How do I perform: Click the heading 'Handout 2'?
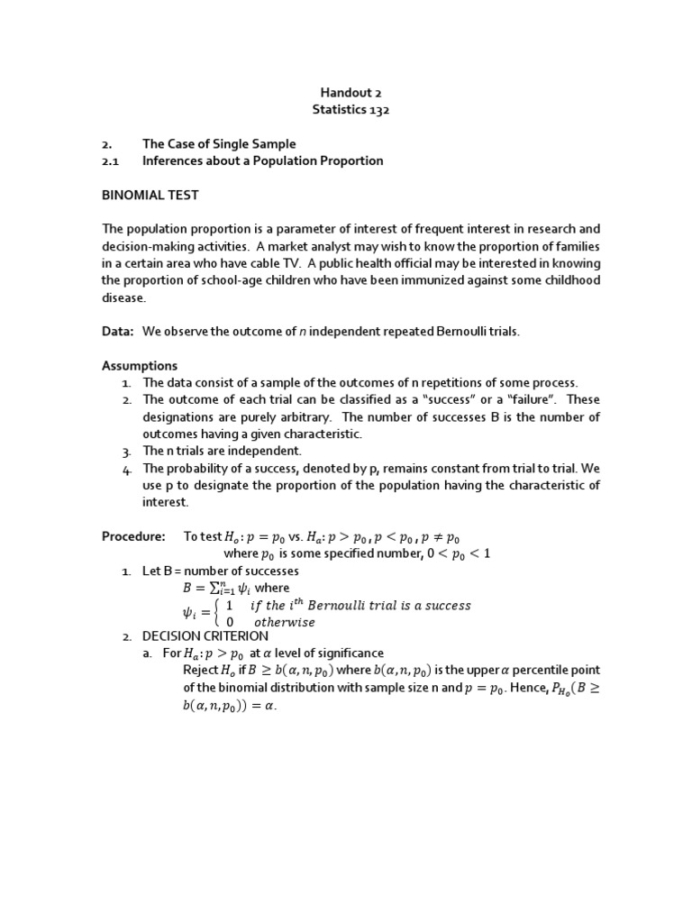point(347,92)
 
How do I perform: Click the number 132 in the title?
point(376,109)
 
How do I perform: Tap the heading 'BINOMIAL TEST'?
point(150,195)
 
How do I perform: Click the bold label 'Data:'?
point(117,332)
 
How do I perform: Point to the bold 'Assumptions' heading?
point(140,366)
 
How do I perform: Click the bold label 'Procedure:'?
point(133,536)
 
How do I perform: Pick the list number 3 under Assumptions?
point(127,451)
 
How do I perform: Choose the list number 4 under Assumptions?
point(127,468)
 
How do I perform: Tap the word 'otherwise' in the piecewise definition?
point(285,622)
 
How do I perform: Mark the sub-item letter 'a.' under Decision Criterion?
point(147,653)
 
